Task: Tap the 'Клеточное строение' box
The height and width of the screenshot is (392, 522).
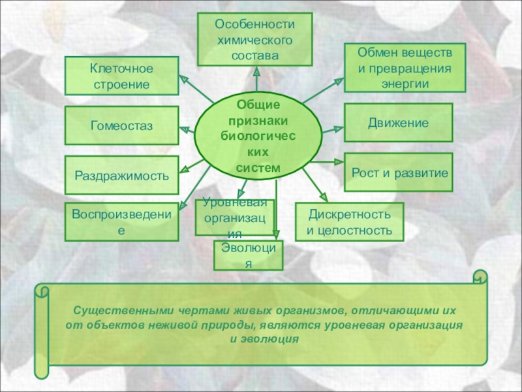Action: tap(121, 76)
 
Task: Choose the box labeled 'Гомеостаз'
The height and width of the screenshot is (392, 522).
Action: tap(121, 125)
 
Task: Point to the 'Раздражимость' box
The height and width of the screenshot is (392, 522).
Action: tap(121, 175)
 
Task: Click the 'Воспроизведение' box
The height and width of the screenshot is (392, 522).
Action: tap(121, 221)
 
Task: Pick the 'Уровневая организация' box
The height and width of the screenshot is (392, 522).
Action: tap(234, 217)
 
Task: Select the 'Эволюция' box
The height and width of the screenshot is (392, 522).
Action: tap(248, 255)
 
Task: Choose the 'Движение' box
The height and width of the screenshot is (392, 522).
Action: tap(399, 122)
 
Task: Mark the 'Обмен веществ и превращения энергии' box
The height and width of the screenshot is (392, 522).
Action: tap(405, 67)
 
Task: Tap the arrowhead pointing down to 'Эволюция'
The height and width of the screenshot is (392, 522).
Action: tap(277, 235)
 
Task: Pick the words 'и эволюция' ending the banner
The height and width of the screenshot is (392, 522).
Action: tap(264, 339)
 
